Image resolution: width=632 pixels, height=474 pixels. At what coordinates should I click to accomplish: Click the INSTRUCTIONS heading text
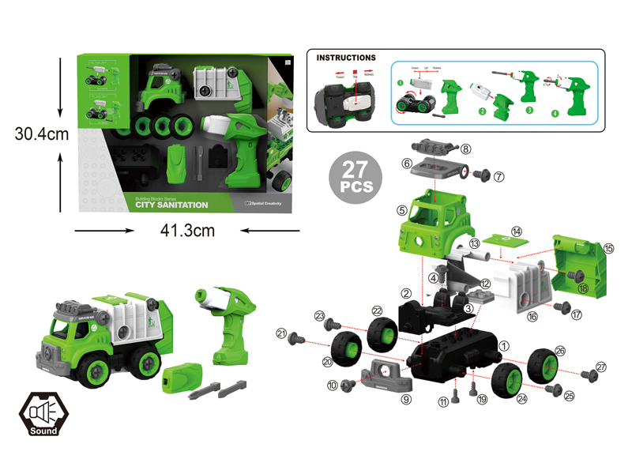(x=346, y=58)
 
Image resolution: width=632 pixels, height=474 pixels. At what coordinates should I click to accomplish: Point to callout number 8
(x=466, y=149)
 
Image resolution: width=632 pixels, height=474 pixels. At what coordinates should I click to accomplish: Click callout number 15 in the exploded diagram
(x=608, y=248)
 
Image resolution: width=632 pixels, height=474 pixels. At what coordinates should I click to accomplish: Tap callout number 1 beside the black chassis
(x=505, y=344)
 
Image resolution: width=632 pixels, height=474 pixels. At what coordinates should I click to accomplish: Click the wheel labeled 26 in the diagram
(x=544, y=365)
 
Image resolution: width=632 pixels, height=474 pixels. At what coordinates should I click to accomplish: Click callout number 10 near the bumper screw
(x=333, y=385)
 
